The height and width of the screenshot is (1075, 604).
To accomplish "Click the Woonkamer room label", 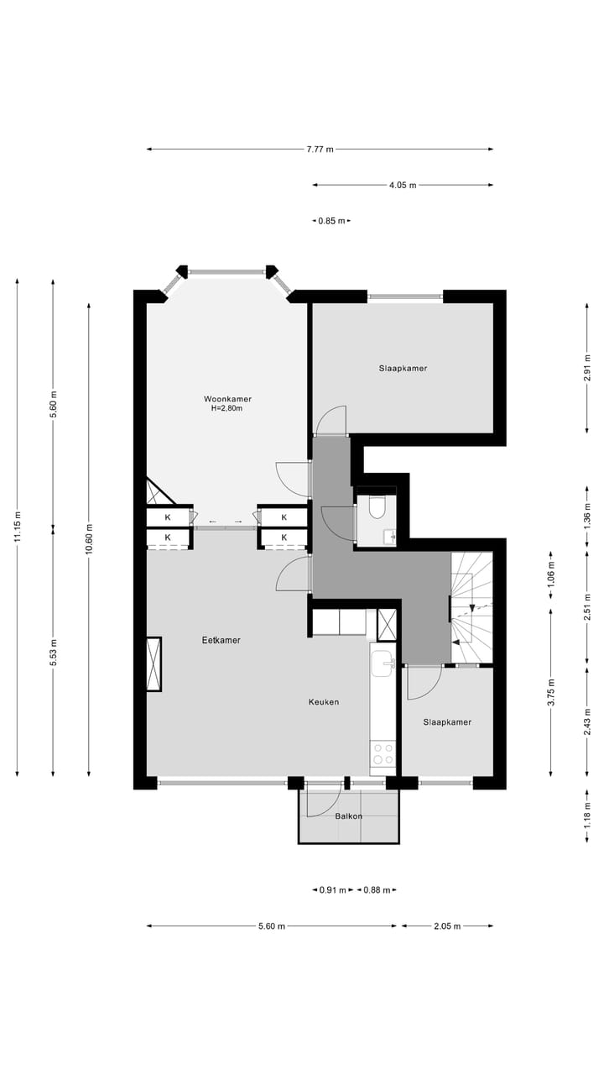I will click(227, 399).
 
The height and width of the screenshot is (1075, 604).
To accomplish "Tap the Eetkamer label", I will click(221, 640).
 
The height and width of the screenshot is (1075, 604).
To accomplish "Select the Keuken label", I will click(323, 701).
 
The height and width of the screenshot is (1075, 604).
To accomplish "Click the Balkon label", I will click(349, 816).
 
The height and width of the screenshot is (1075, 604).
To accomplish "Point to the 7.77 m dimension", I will click(320, 149).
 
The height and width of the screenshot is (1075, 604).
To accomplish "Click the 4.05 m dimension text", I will click(403, 186).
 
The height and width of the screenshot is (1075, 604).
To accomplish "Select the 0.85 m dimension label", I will click(331, 221).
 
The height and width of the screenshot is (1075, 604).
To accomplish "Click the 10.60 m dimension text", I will click(90, 538).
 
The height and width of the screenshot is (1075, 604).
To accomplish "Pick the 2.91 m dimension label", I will click(587, 369).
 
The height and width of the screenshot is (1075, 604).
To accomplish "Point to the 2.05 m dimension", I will click(447, 926).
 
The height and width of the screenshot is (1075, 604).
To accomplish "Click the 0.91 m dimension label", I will click(333, 890).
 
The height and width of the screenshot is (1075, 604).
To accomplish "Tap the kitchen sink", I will click(383, 662).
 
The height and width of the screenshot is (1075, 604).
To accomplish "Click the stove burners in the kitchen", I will click(383, 753).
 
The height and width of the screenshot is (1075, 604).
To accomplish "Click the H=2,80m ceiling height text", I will click(227, 409).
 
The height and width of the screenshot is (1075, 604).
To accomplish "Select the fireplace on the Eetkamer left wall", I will click(154, 663).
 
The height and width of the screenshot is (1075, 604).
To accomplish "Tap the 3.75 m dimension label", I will click(551, 692).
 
